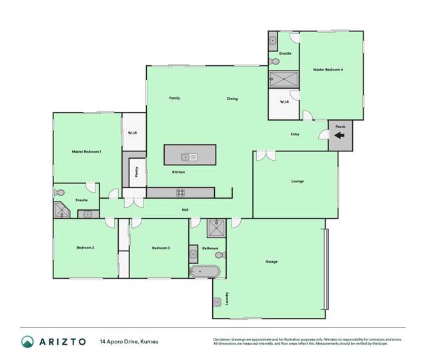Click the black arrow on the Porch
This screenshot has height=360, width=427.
pos(339,135)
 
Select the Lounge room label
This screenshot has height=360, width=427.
pos(298,181)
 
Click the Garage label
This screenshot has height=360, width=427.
pos(272,261)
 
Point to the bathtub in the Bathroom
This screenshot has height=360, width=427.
pos(205,272)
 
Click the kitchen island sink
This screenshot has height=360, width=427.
pos(189,157)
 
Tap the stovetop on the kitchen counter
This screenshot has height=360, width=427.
pos(180,193)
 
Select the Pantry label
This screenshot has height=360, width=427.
pos(136,173)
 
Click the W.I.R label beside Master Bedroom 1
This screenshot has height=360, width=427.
pos(132,134)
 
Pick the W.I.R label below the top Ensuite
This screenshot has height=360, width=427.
pos(284,102)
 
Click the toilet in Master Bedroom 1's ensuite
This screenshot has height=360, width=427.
pos(59,193)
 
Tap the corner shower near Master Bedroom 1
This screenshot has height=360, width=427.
pos(62,210)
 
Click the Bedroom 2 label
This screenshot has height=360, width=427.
pos(85,247)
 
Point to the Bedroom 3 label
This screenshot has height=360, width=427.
pos(161,248)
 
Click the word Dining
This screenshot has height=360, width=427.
pos(232,99)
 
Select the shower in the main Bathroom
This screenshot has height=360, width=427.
pos(216,228)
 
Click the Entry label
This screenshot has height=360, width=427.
pos(295,134)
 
